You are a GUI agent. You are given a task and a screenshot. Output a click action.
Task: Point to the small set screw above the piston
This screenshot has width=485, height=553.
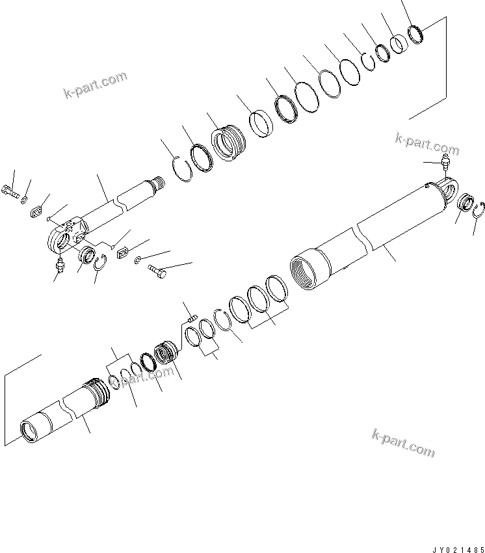tap(191, 318)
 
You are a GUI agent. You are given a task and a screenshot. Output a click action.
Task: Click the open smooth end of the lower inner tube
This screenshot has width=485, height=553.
tap(31, 431)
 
